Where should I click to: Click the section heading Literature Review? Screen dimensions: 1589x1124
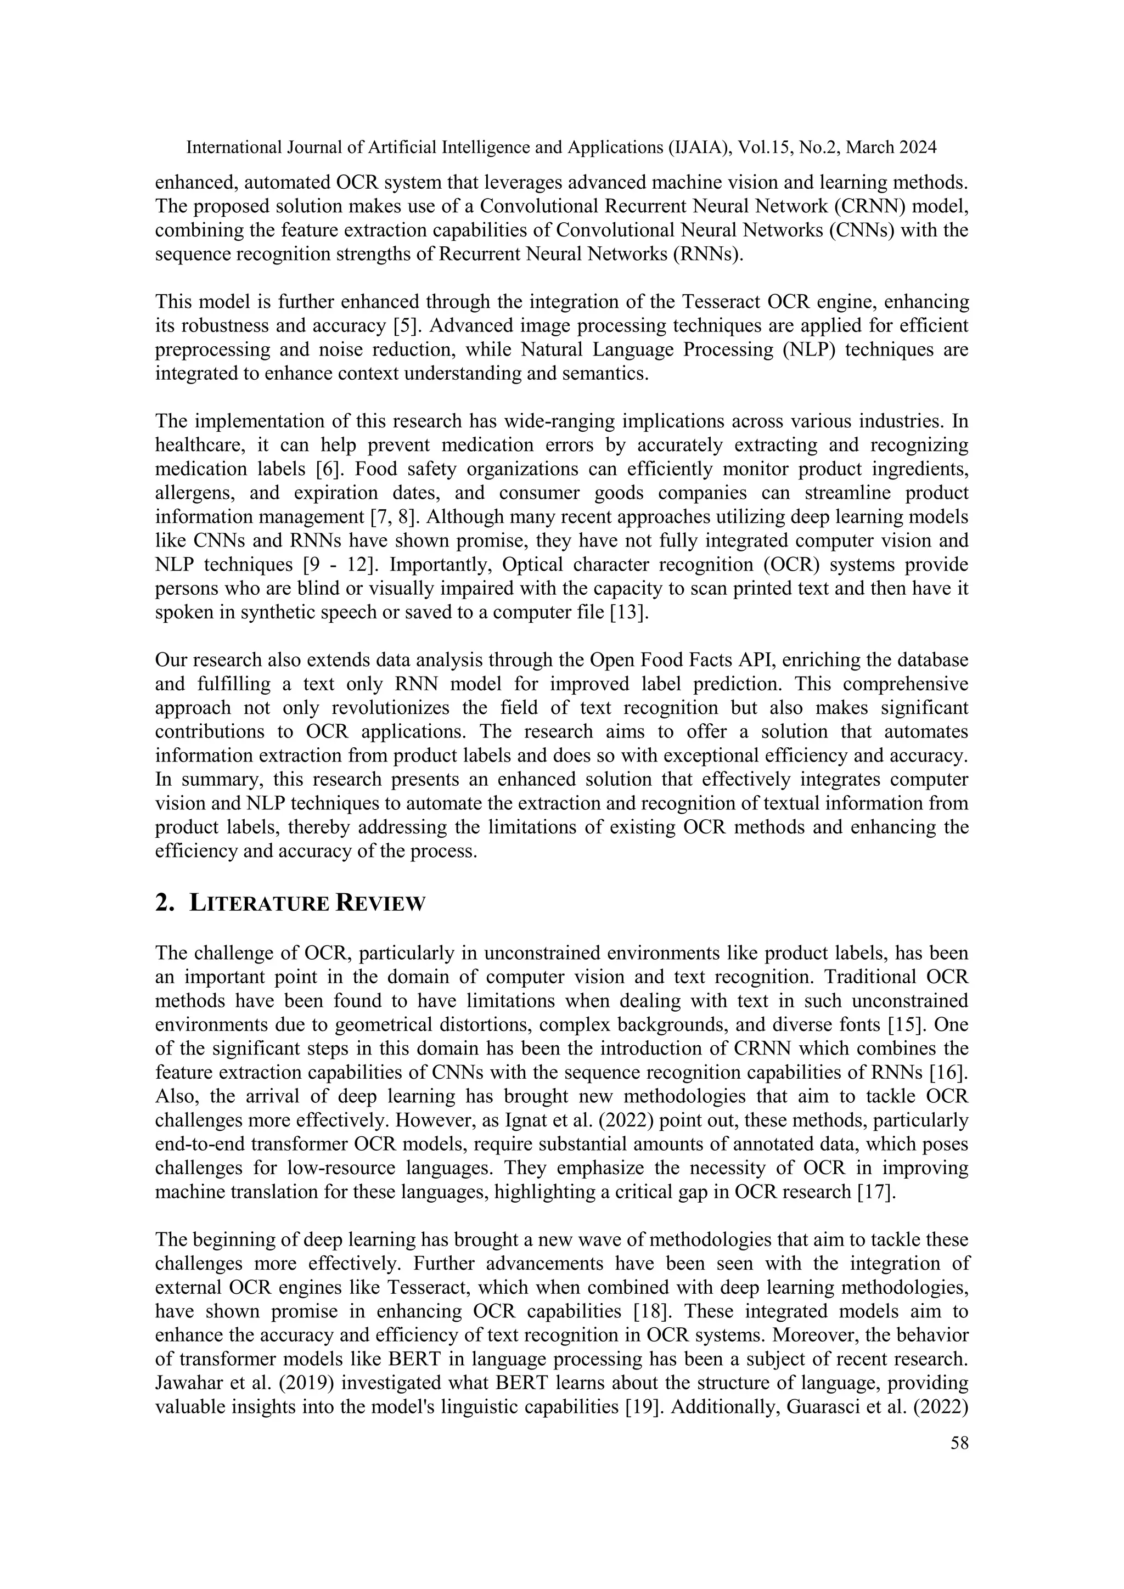pos(307,903)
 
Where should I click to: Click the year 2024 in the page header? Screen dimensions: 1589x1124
pos(917,148)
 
